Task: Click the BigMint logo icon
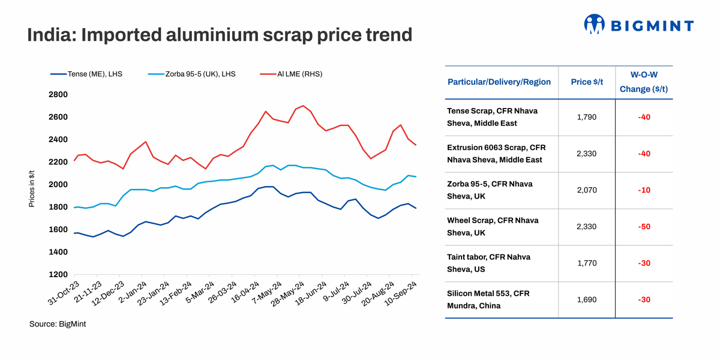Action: pos(593,24)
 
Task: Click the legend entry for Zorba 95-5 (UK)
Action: pos(192,74)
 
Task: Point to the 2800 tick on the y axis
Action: pos(59,94)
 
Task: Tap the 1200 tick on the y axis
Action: pos(59,274)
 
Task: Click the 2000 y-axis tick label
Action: pos(59,184)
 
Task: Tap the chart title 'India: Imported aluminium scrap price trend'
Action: pos(220,35)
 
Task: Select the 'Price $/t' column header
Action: pos(586,82)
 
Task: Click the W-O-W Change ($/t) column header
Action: pos(644,82)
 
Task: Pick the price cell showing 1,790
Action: pos(586,117)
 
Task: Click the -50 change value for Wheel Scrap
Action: pos(644,227)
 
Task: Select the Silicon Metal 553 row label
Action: pos(488,299)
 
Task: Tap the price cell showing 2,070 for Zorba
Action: pos(586,190)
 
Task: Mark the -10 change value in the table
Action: pos(644,190)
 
